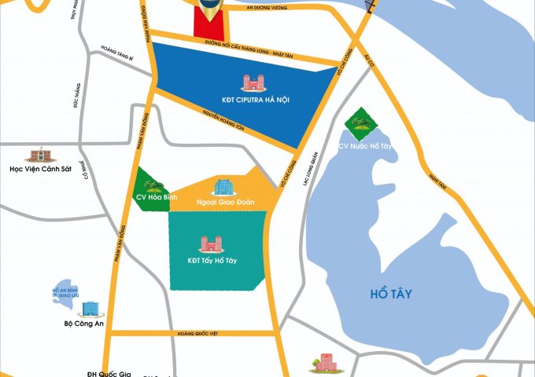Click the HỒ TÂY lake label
(x=390, y=294)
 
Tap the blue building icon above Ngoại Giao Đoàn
(x=223, y=186)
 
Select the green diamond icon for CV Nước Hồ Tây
(x=360, y=123)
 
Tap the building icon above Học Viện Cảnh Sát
(x=35, y=154)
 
